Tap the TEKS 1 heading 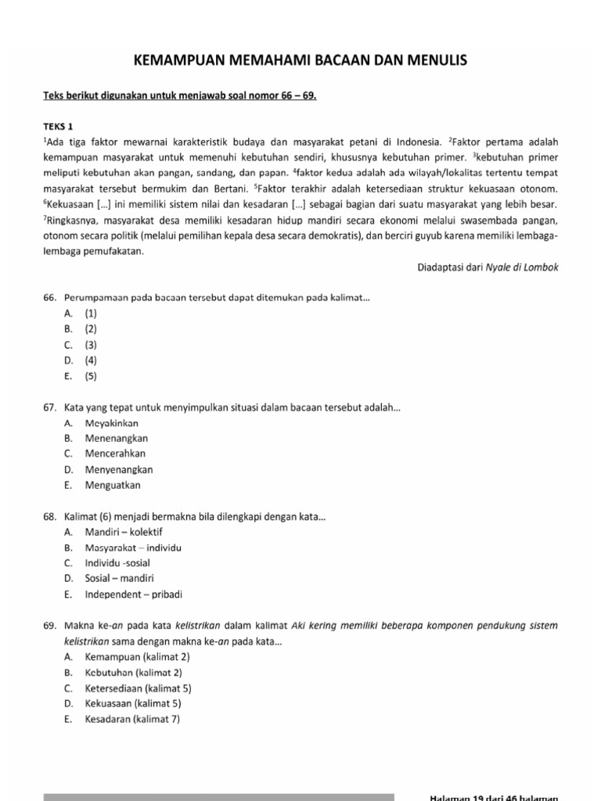[60, 126]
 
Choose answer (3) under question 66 [91, 344]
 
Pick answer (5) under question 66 [91, 375]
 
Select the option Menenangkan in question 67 [116, 438]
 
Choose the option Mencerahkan [115, 454]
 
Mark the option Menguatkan [113, 485]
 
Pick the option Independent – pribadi [133, 594]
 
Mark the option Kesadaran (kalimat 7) [132, 719]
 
